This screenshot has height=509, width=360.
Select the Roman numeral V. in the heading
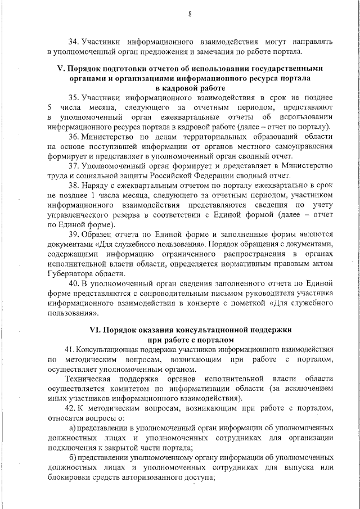pos(62,68)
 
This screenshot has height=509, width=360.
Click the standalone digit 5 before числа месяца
pos(50,107)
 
